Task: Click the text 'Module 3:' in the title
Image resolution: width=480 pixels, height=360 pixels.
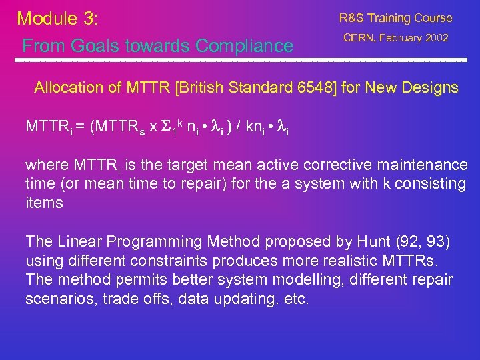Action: [x=57, y=18]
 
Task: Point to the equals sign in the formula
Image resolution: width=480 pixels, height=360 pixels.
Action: [x=78, y=125]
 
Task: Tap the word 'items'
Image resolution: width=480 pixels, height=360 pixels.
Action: [x=43, y=203]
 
